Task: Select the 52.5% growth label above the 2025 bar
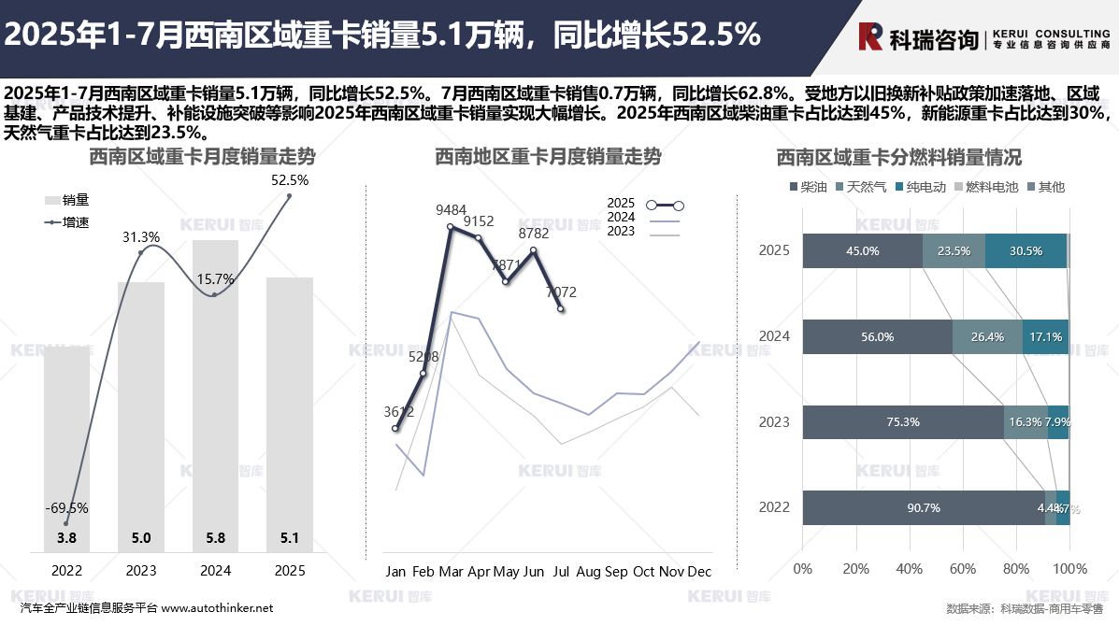[290, 179]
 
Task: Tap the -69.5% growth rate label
[66, 508]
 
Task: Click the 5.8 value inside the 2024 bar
[216, 538]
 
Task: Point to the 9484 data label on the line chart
[452, 210]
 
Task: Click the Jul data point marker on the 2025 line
[561, 308]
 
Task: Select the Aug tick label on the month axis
[589, 571]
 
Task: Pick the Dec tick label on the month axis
[699, 571]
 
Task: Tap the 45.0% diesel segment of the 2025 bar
[862, 250]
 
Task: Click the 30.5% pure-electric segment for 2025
[1026, 250]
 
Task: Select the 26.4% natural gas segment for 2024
[987, 336]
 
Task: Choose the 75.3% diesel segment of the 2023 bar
[903, 421]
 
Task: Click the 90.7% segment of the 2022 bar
[923, 507]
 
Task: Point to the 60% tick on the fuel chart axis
[963, 568]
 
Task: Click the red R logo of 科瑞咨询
[871, 36]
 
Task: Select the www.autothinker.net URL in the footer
[217, 607]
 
